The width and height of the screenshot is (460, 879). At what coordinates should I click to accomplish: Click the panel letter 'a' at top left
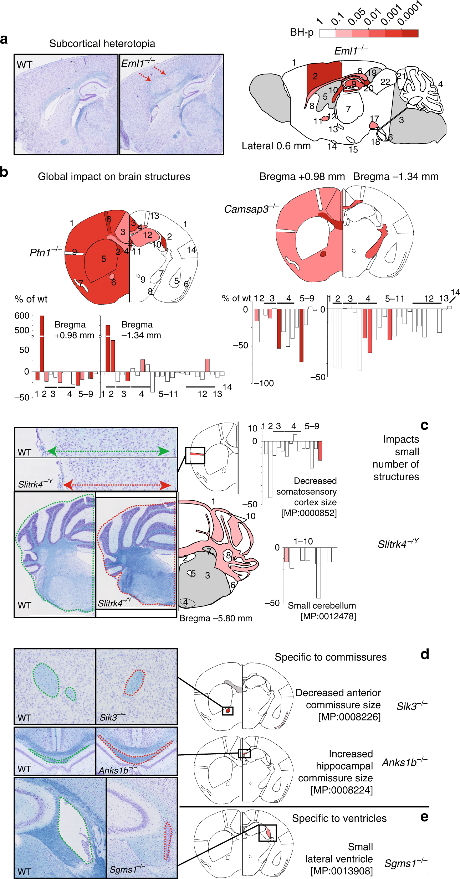pyautogui.click(x=4, y=39)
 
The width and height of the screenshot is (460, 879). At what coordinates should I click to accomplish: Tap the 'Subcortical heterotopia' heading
pyautogui.click(x=102, y=43)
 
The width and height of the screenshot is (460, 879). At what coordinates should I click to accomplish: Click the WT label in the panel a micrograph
pyautogui.click(x=24, y=65)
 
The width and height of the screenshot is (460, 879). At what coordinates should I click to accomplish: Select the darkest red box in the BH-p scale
pyautogui.click(x=410, y=33)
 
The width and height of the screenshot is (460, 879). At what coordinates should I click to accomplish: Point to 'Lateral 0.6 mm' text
pyautogui.click(x=276, y=146)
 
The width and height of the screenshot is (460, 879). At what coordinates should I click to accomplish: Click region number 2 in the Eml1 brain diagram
pyautogui.click(x=315, y=76)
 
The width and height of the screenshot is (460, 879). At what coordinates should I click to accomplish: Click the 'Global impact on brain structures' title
pyautogui.click(x=114, y=177)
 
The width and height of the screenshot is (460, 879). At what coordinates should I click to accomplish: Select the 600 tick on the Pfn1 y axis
pyautogui.click(x=22, y=316)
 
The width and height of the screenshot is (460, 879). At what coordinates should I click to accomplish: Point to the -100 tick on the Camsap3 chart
pyautogui.click(x=264, y=383)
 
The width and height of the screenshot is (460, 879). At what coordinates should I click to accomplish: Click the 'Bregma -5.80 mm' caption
pyautogui.click(x=216, y=618)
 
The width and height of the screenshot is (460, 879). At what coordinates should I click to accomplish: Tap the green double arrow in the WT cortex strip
pyautogui.click(x=108, y=451)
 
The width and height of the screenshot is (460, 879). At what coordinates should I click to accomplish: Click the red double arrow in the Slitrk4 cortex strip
pyautogui.click(x=117, y=485)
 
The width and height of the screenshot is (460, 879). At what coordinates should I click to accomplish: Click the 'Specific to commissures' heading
pyautogui.click(x=330, y=657)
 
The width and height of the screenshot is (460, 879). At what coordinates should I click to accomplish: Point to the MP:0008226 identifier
pyautogui.click(x=349, y=717)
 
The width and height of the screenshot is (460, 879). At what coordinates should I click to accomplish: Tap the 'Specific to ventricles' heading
pyautogui.click(x=339, y=818)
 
